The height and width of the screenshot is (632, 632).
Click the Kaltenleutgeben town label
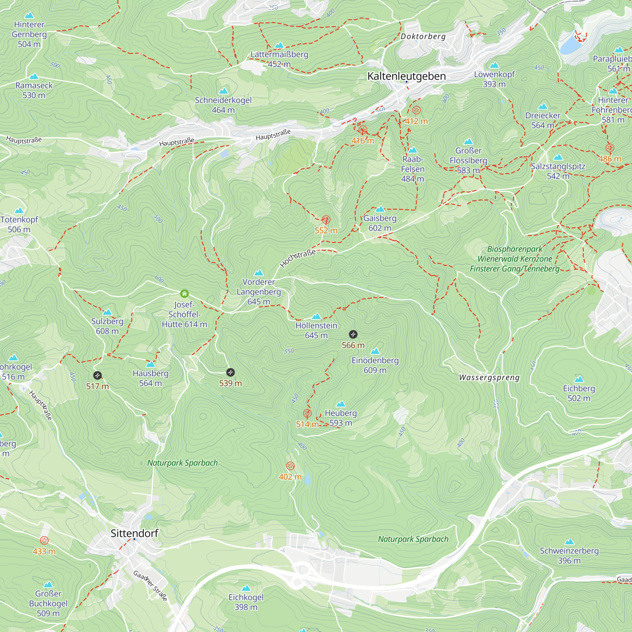(406, 76)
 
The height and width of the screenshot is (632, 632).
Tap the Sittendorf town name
(134, 533)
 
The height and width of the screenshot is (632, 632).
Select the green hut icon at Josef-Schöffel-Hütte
(185, 294)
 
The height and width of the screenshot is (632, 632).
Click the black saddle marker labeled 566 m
(353, 334)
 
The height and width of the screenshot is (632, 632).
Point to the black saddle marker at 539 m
(230, 372)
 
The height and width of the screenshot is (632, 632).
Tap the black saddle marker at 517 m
(97, 375)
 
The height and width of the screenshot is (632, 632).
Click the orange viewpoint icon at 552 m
(326, 220)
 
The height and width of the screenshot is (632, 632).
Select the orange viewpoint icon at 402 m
(290, 466)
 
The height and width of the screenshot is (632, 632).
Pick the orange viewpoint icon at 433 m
(44, 540)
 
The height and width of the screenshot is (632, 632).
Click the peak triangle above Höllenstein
(316, 316)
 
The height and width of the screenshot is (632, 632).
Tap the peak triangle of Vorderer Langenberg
(259, 273)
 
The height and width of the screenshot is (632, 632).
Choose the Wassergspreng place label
(489, 378)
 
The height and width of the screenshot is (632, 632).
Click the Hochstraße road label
(298, 258)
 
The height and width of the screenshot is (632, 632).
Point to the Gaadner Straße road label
(150, 586)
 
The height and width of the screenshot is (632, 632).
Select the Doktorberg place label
(423, 36)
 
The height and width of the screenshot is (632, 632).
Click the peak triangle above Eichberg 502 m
(579, 380)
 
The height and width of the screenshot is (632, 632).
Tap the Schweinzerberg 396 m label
(569, 556)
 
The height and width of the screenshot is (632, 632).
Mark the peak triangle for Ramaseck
(34, 76)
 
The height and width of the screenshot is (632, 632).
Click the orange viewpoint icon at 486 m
(610, 148)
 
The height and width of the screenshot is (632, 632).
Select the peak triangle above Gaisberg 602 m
(380, 209)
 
